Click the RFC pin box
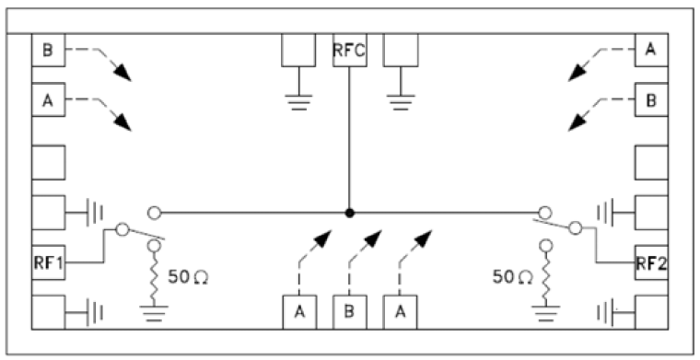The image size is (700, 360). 349,51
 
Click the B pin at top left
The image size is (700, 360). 48,50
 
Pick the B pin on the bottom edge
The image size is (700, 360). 349,311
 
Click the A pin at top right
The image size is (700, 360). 651,50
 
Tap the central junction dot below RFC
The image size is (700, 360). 349,213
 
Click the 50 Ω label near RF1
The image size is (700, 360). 190,276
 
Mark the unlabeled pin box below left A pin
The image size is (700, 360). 48,162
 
